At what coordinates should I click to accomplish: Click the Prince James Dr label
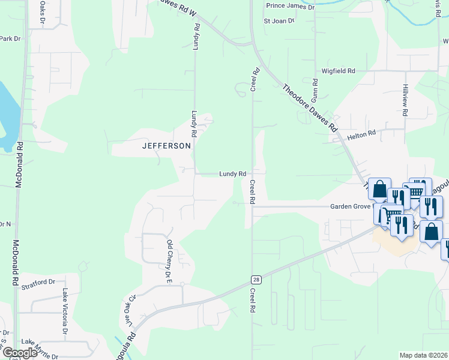[x=291, y=6]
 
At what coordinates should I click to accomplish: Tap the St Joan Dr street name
[x=279, y=20]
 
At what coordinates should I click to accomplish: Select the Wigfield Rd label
[x=339, y=71]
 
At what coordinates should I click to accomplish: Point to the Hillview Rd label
[x=406, y=100]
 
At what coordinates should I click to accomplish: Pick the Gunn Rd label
[x=315, y=89]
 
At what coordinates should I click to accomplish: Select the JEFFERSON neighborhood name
[x=166, y=146]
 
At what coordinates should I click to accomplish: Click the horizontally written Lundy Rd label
[x=232, y=173]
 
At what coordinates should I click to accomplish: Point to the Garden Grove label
[x=351, y=206]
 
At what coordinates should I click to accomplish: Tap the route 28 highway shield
[x=256, y=280]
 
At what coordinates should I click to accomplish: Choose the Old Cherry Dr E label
[x=169, y=260]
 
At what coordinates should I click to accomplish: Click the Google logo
[x=19, y=353]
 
